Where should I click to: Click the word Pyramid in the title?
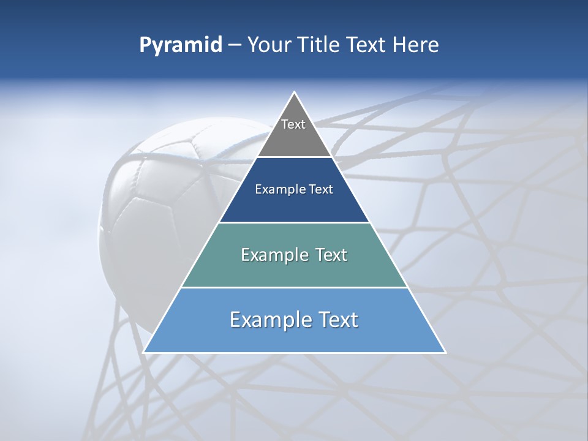pos(180,45)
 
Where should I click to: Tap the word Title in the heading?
pos(322,45)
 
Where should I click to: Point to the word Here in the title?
pos(416,45)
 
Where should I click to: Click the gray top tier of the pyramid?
pos(294,138)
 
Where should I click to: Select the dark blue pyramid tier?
pos(294,205)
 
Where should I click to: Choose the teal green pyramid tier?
pos(294,269)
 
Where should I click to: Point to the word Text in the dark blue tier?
pos(321,190)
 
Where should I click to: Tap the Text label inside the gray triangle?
pos(293,124)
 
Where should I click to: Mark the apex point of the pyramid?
pos(295,92)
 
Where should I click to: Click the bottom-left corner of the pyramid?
pos(144,352)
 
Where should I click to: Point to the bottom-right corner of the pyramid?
pos(445,352)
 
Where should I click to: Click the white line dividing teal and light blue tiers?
pos(294,287)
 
